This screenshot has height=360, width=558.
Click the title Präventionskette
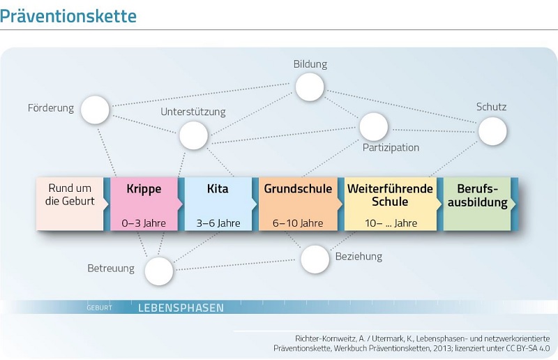coord(68,16)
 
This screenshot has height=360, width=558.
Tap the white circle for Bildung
coord(310,87)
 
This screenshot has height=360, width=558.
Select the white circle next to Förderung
coord(95,110)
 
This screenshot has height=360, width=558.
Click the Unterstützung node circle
coord(194,135)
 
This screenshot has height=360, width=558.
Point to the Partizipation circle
coord(374,127)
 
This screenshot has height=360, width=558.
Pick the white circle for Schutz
coord(492,131)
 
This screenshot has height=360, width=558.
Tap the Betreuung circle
coord(159,271)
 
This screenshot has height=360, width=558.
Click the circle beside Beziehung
coord(315,260)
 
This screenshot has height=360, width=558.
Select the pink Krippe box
coord(144,204)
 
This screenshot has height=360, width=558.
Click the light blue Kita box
coord(218,204)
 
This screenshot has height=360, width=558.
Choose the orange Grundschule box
coord(299,204)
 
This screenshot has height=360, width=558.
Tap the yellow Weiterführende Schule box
coord(391,204)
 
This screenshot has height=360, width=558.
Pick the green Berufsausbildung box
coord(477,204)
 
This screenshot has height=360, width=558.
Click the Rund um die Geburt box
coord(70,204)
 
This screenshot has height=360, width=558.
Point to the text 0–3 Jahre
coord(144,223)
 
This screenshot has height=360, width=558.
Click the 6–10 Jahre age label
coord(298,223)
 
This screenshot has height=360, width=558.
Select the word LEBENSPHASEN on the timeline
coord(181,308)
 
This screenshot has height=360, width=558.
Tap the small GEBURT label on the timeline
coord(99,308)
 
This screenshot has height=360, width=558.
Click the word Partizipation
coord(391,147)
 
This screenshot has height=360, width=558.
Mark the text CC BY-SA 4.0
coord(528,348)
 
